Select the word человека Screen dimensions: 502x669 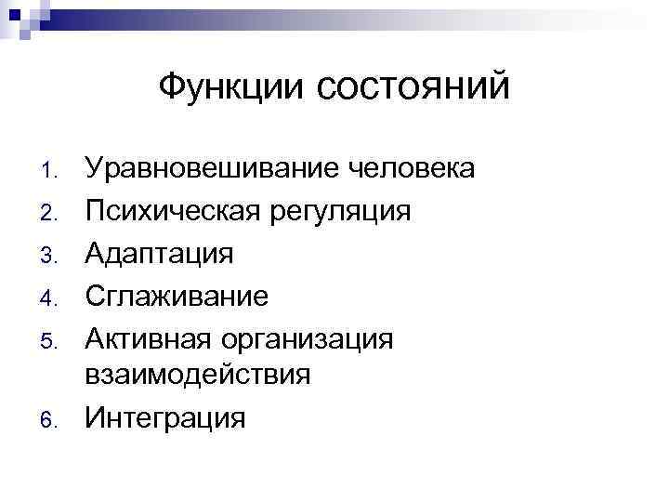tap(412, 169)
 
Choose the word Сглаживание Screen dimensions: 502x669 tap(177, 297)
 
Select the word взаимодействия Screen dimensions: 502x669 tap(198, 376)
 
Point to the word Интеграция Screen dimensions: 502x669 tap(165, 418)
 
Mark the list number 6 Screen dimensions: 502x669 tap(50, 421)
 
